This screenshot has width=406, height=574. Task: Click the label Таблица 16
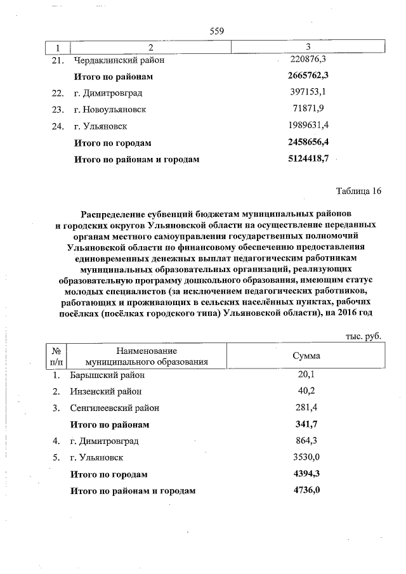[357, 192]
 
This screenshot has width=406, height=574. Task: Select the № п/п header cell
[55, 356]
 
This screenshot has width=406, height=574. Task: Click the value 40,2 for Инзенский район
[306, 391]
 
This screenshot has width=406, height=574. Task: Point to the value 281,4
[306, 407]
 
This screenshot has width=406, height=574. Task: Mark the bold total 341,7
[308, 424]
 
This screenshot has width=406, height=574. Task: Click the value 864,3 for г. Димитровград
[306, 440]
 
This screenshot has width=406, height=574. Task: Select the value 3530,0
[306, 457]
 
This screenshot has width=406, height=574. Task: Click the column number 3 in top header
[308, 48]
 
